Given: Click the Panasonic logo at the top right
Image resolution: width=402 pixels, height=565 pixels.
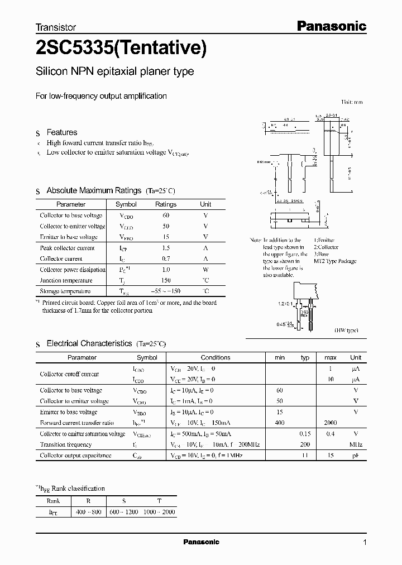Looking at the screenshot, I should [x=331, y=26].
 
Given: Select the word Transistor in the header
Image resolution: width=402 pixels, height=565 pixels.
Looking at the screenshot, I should [x=56, y=27].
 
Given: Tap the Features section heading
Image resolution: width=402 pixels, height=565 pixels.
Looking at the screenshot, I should [x=61, y=132].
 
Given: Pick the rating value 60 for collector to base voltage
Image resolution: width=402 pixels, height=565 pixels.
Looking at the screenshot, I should [x=165, y=216].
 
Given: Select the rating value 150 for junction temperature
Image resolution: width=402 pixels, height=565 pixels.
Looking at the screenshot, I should [x=165, y=280].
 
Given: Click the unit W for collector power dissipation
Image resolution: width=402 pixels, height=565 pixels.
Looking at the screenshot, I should [x=205, y=270].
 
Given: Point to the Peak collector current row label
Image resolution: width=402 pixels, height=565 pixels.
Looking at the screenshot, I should [x=67, y=248].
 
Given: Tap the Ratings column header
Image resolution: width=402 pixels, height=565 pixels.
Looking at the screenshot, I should [x=165, y=204].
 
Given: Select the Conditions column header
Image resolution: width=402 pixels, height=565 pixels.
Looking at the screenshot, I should [x=216, y=357].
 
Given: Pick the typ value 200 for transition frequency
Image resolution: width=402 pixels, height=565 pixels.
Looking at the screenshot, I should [x=305, y=444].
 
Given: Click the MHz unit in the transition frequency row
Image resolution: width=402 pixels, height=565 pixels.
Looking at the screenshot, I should [x=356, y=444].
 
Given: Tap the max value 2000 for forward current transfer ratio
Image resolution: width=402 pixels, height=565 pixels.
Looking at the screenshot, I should [x=330, y=423].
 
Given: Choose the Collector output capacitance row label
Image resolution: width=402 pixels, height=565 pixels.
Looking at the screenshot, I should [x=75, y=456].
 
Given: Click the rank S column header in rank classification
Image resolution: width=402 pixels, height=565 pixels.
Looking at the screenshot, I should [x=123, y=501].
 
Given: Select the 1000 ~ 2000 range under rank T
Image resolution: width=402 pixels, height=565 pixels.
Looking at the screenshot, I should [x=159, y=511].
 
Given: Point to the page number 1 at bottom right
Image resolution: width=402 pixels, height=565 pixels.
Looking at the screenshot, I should [x=365, y=543].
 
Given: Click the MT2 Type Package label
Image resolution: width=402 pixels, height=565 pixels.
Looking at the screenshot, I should [x=335, y=261].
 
